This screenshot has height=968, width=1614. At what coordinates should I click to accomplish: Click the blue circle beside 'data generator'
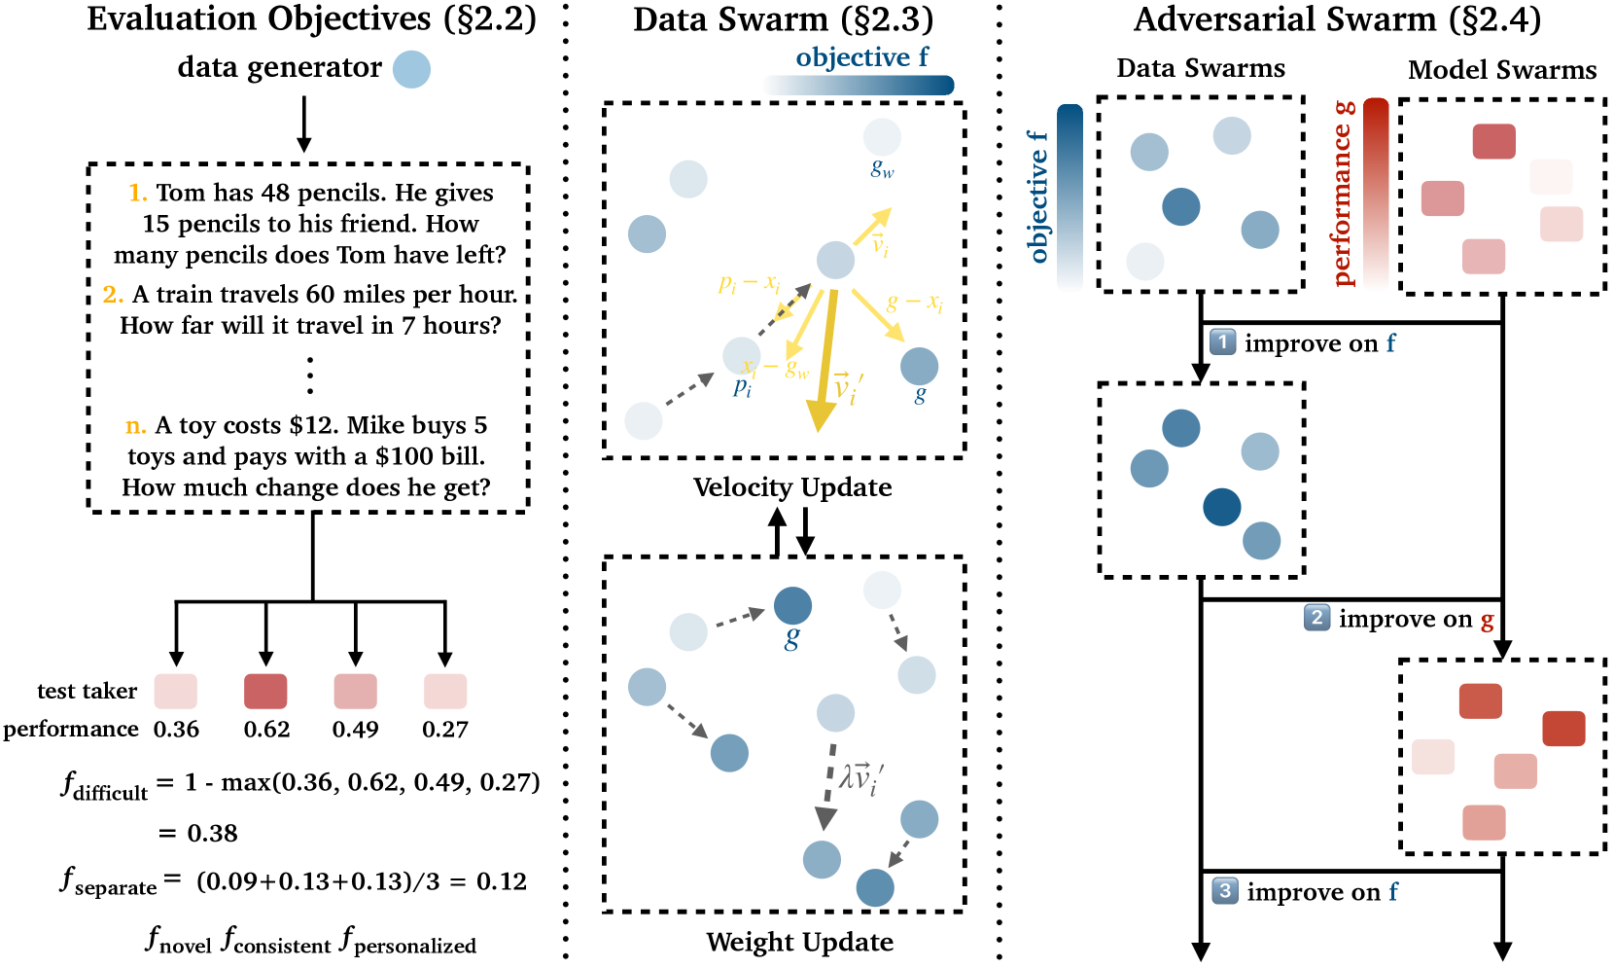point(411,69)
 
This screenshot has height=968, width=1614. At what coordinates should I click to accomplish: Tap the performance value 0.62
point(266,730)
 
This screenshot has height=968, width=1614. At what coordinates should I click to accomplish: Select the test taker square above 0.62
point(265,691)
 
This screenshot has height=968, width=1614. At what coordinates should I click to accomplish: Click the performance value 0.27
point(445,730)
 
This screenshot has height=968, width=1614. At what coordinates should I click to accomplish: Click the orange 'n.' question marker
point(136,425)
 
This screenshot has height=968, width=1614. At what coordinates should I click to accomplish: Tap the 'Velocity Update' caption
point(792,487)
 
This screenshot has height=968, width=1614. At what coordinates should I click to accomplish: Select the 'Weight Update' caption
point(799,942)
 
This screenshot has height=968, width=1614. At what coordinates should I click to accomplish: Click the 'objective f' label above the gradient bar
point(861,57)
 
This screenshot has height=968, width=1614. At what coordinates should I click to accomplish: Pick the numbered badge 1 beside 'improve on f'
point(1222,342)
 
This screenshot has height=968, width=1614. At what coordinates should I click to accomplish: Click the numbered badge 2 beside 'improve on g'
point(1316,618)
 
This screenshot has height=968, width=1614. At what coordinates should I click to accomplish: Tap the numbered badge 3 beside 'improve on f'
point(1225,891)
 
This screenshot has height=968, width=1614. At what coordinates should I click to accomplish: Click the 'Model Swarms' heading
point(1502,70)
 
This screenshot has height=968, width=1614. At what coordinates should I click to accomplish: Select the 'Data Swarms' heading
point(1200,68)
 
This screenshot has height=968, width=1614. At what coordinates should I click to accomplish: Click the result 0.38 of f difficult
point(212,834)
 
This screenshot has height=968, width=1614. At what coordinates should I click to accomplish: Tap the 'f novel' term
point(179,941)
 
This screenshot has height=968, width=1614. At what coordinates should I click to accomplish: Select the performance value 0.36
point(176,730)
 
